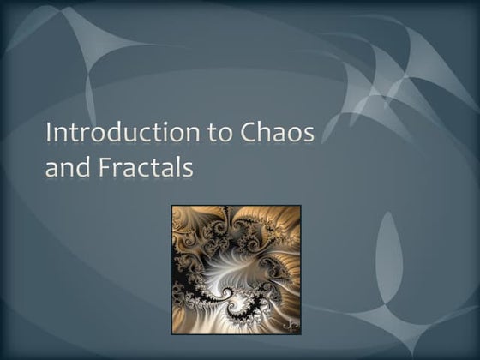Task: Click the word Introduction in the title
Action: pos(110,135)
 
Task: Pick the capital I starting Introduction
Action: pos(49,135)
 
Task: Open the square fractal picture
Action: pos(236,269)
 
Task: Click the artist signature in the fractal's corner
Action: pos(291,327)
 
